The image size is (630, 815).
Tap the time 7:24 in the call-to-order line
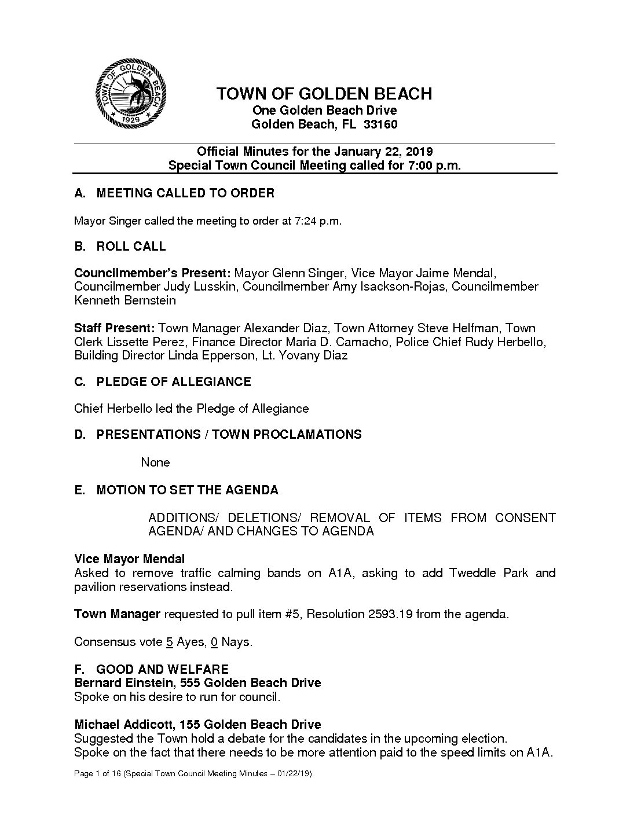tap(303, 221)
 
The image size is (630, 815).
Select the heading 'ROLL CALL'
tap(131, 247)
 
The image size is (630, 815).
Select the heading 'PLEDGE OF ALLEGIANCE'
tap(174, 382)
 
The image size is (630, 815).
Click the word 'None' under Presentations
tap(156, 462)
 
